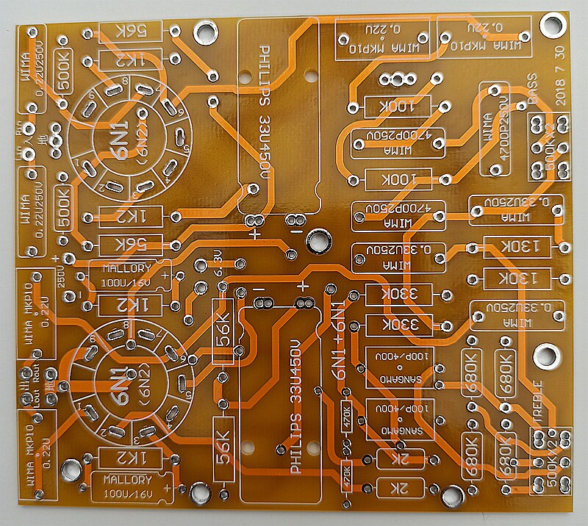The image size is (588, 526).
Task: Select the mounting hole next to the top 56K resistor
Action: tap(204, 31)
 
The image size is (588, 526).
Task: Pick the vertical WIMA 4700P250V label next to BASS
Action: tap(491, 129)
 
